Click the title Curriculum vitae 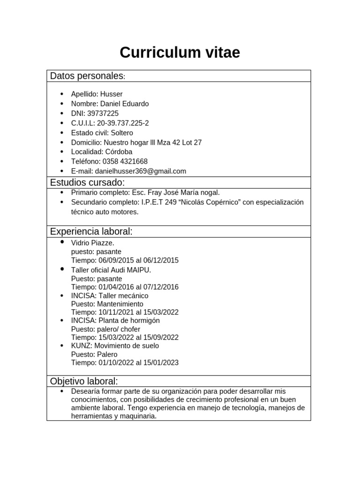click(x=180, y=53)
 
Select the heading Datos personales click(x=87, y=76)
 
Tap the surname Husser click(x=111, y=94)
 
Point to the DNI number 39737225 click(x=103, y=113)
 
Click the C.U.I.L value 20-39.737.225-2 click(x=123, y=123)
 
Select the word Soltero click(x=122, y=133)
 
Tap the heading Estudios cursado click(x=87, y=182)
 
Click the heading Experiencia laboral click(x=91, y=232)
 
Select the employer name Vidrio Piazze click(x=92, y=243)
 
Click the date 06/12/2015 click(x=161, y=260)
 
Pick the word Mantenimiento click(x=120, y=304)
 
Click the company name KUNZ click(x=79, y=346)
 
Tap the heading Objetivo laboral click(x=84, y=381)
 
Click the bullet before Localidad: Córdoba click(x=61, y=152)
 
